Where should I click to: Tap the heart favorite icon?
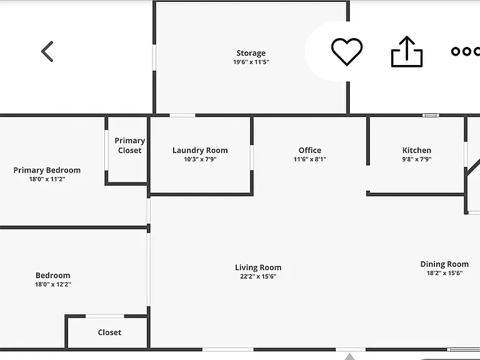click(x=347, y=51)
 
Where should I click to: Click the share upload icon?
click(x=407, y=51)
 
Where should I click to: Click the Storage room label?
click(x=251, y=53)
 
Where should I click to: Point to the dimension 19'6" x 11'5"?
click(x=251, y=62)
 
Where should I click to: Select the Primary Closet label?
click(x=130, y=146)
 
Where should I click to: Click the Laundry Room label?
click(x=200, y=150)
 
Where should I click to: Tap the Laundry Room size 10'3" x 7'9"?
click(x=200, y=159)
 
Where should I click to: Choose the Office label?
click(x=310, y=150)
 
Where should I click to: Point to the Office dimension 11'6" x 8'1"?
click(x=310, y=159)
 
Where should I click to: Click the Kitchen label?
click(x=417, y=150)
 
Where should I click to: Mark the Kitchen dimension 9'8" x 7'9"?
click(x=417, y=159)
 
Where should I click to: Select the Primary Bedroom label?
click(x=47, y=171)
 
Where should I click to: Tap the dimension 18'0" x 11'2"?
click(x=47, y=179)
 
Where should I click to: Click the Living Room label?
click(x=258, y=268)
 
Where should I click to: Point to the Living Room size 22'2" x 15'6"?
click(x=258, y=277)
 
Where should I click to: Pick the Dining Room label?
click(x=444, y=264)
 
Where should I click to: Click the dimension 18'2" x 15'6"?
click(x=444, y=273)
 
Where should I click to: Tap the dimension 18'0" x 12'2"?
click(x=53, y=284)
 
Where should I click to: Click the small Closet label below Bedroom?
click(x=109, y=332)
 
